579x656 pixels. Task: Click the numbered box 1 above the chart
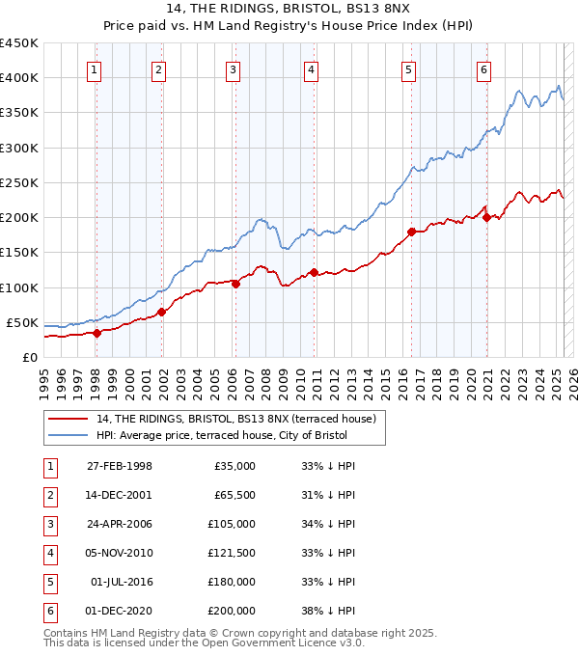click(x=95, y=69)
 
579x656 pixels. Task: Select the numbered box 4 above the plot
click(x=312, y=69)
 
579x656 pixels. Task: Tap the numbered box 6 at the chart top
click(x=482, y=69)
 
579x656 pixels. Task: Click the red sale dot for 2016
click(x=411, y=232)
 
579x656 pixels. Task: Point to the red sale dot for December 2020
click(x=486, y=217)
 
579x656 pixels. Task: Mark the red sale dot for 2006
click(x=236, y=284)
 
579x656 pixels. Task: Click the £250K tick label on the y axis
click(x=18, y=182)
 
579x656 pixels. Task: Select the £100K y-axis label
click(x=18, y=287)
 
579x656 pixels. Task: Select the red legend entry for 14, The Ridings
click(x=240, y=419)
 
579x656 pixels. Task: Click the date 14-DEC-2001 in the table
click(x=120, y=495)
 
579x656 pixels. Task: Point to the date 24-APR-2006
click(x=120, y=524)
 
